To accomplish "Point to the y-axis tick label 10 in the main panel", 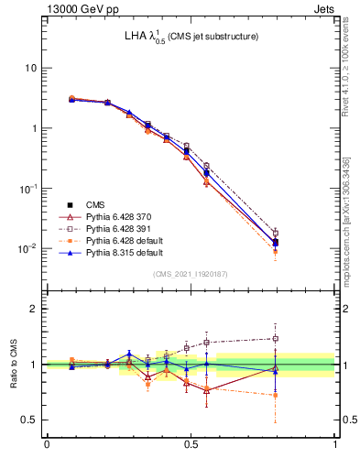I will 32,69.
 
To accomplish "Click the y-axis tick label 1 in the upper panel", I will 35,128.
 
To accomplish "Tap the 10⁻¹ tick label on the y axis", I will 30,188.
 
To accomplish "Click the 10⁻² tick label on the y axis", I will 30,248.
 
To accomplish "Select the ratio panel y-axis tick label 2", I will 36,309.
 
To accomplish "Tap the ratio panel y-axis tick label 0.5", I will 32,420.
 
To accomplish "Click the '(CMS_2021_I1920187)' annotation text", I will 191,274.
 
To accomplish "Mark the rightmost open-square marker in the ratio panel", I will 276,338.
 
